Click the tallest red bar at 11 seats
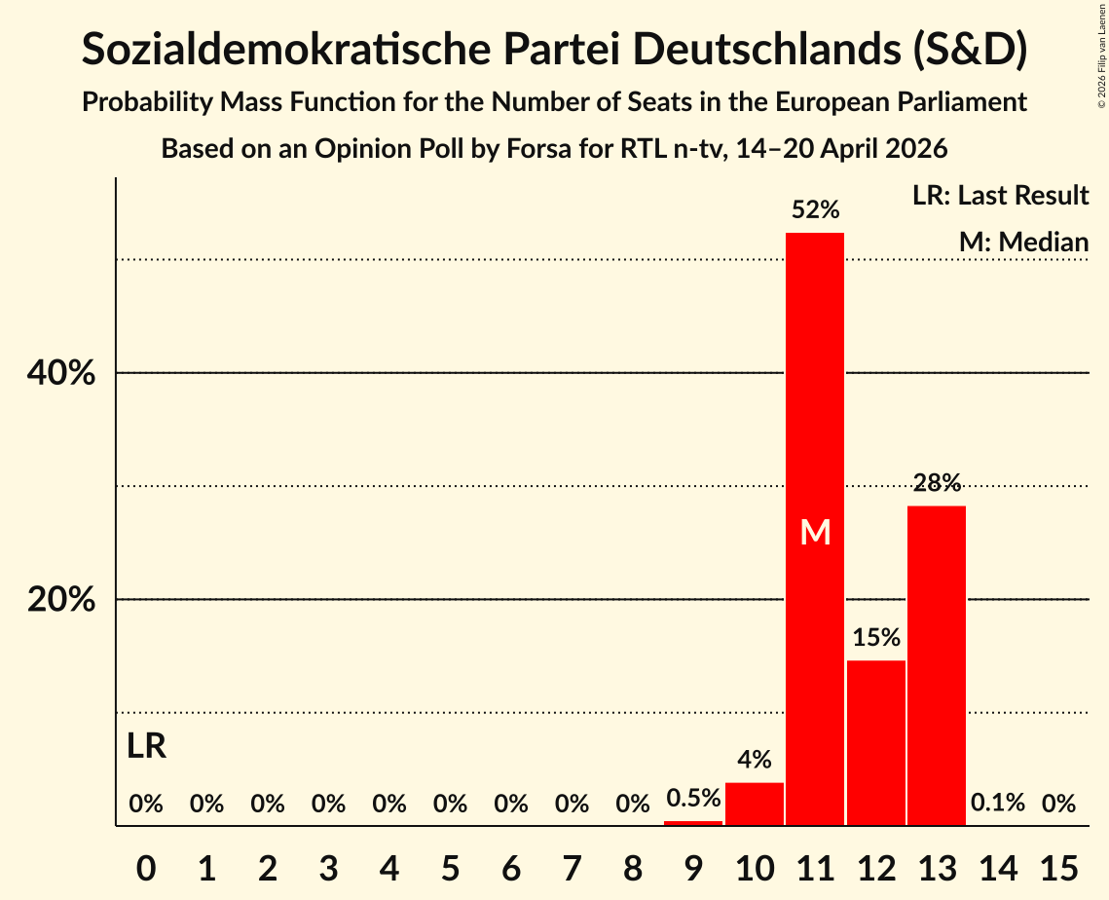815,529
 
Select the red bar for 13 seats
937,665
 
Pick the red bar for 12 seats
875,743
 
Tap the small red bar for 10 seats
754,804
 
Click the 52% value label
816,209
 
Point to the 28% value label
937,482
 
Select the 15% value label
876,637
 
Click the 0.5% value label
693,798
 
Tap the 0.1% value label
997,803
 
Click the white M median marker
816,532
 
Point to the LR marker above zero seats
146,746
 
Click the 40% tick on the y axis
60,373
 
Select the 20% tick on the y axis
60,600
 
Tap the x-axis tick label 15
1058,868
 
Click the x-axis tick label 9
693,868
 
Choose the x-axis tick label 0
146,868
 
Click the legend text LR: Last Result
1000,196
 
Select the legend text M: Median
1023,243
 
